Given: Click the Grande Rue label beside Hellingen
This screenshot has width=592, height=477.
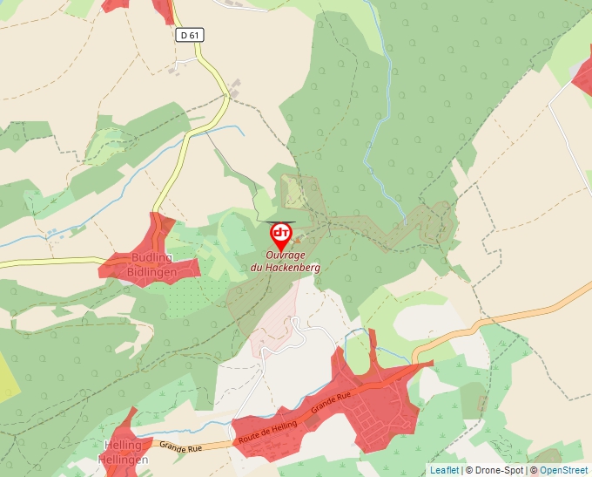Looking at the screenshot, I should coord(180,447).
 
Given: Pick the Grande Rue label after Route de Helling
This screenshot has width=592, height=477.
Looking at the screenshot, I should coord(330,401).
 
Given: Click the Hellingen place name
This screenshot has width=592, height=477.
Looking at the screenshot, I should coord(123,459).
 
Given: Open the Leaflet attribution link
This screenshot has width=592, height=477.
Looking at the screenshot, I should coord(444,470).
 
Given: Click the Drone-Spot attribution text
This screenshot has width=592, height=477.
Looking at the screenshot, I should coord(494,470).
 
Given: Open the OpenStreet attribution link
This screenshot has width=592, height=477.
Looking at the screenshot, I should coord(563,470).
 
